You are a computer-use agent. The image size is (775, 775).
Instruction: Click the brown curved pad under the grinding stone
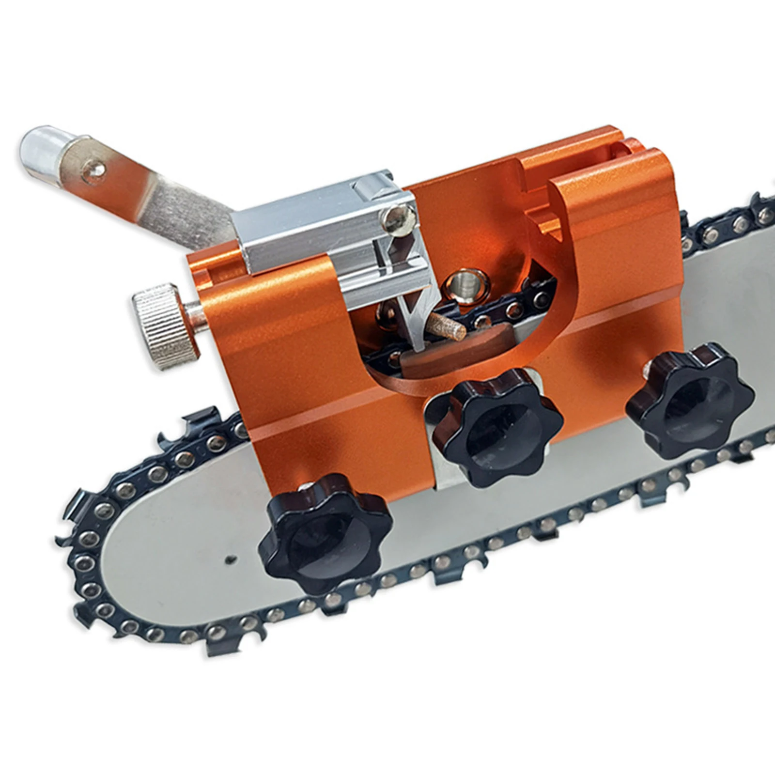click(x=436, y=356)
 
